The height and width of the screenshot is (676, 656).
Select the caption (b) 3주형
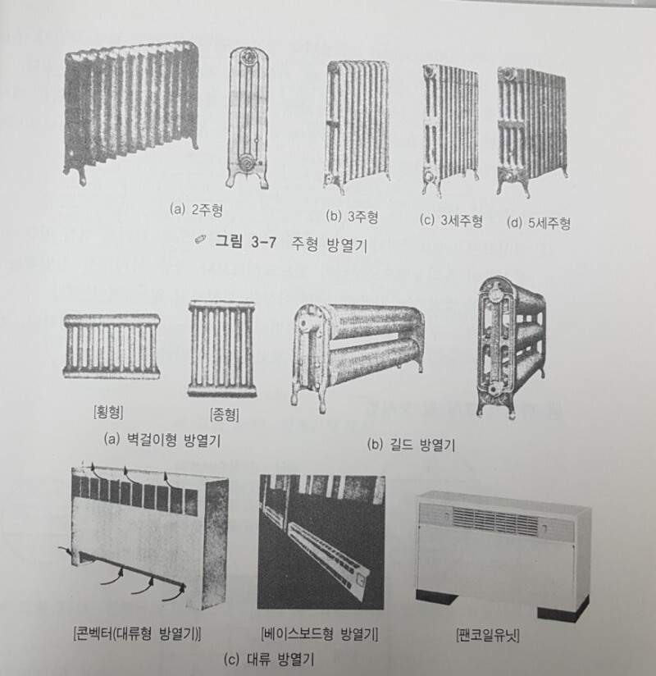click(352, 217)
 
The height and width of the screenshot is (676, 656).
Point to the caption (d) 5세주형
click(539, 222)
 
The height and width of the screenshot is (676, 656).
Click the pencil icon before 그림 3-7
click(199, 239)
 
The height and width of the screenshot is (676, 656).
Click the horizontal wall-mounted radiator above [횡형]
click(112, 345)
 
